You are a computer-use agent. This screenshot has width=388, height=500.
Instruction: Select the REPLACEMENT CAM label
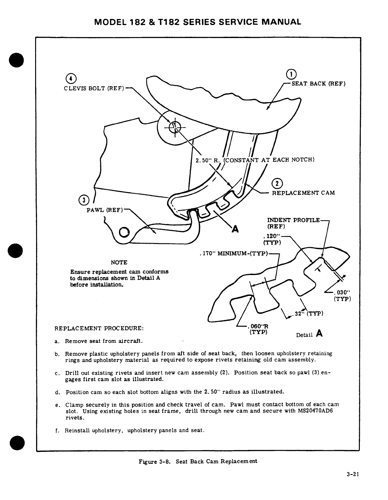click(x=303, y=193)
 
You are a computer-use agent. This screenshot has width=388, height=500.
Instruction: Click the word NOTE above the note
click(x=119, y=262)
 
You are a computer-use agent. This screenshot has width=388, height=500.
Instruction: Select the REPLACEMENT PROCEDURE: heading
click(x=99, y=328)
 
